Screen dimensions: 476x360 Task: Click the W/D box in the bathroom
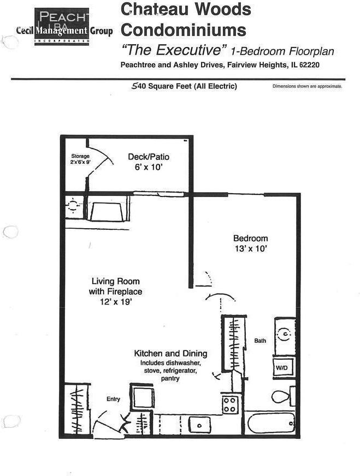click(x=282, y=368)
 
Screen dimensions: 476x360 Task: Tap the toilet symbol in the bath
click(x=281, y=396)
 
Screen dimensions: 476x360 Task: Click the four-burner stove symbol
click(x=230, y=405)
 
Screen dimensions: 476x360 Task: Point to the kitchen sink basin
click(x=200, y=424)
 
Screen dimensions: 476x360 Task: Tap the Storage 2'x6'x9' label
click(x=80, y=159)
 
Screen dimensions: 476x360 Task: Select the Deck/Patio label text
click(x=145, y=157)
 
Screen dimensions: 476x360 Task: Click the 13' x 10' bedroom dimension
click(x=251, y=249)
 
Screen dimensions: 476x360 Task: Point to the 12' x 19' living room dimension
click(x=115, y=302)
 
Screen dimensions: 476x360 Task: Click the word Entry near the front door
click(x=113, y=399)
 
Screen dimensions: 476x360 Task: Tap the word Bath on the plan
click(x=260, y=341)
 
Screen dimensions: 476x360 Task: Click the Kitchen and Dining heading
click(x=170, y=354)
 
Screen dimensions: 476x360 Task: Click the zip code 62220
click(x=307, y=65)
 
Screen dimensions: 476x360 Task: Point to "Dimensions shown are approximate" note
click(x=307, y=86)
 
